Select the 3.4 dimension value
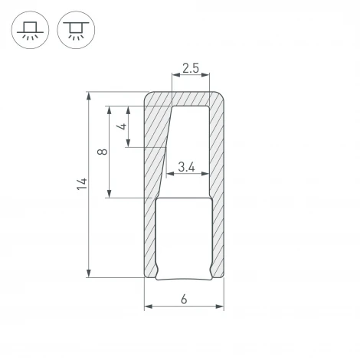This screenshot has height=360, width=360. click(186, 166)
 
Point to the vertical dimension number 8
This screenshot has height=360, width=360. click(103, 152)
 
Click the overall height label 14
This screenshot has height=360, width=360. click(82, 184)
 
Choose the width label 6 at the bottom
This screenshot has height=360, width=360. click(185, 299)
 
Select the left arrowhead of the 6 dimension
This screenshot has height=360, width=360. click(148, 308)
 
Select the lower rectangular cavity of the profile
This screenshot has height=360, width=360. click(184, 237)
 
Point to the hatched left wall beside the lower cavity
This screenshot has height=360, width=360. click(149, 237)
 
